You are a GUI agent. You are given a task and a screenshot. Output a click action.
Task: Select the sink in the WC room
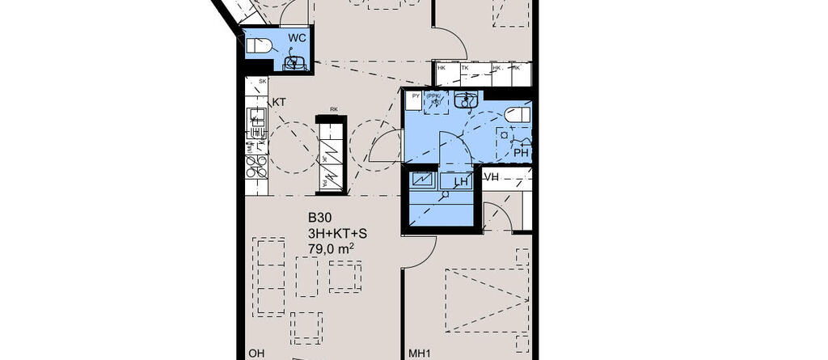294,61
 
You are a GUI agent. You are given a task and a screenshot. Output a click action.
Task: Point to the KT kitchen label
279,102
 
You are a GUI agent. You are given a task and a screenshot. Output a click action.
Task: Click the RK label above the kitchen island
333,110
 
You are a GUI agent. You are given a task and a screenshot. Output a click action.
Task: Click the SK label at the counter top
262,82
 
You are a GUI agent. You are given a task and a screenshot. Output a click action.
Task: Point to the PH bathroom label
521,152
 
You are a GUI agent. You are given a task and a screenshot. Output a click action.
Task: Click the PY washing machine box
416,96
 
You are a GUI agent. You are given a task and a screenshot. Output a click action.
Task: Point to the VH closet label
492,177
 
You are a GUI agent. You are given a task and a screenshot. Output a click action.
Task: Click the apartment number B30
319,218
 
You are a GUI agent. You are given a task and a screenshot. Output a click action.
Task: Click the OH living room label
256,354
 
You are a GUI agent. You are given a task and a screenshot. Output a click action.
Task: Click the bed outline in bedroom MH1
484,300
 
